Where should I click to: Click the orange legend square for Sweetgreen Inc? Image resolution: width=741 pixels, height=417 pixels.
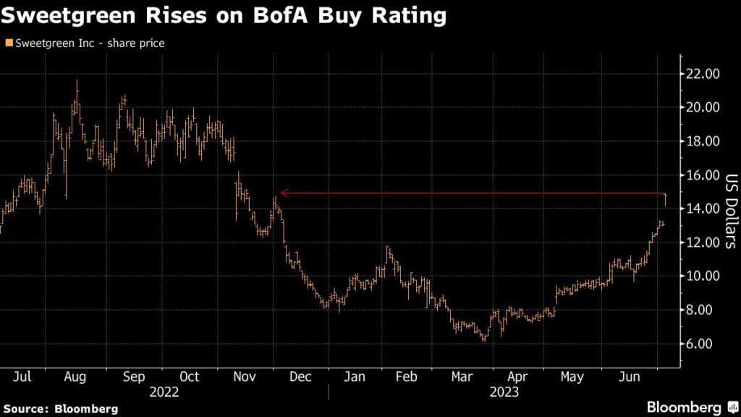[x=8, y=43]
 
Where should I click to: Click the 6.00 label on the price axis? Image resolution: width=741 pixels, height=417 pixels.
[x=700, y=344]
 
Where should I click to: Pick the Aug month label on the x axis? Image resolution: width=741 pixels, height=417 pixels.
[x=75, y=377]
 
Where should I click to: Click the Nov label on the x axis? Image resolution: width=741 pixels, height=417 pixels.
[x=242, y=377]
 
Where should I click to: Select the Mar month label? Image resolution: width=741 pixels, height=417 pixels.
[x=462, y=377]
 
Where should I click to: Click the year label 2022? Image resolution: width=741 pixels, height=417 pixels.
[x=164, y=392]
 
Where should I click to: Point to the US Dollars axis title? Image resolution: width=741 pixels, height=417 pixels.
[x=730, y=210]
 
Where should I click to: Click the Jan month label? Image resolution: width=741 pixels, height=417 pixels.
[x=353, y=377]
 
